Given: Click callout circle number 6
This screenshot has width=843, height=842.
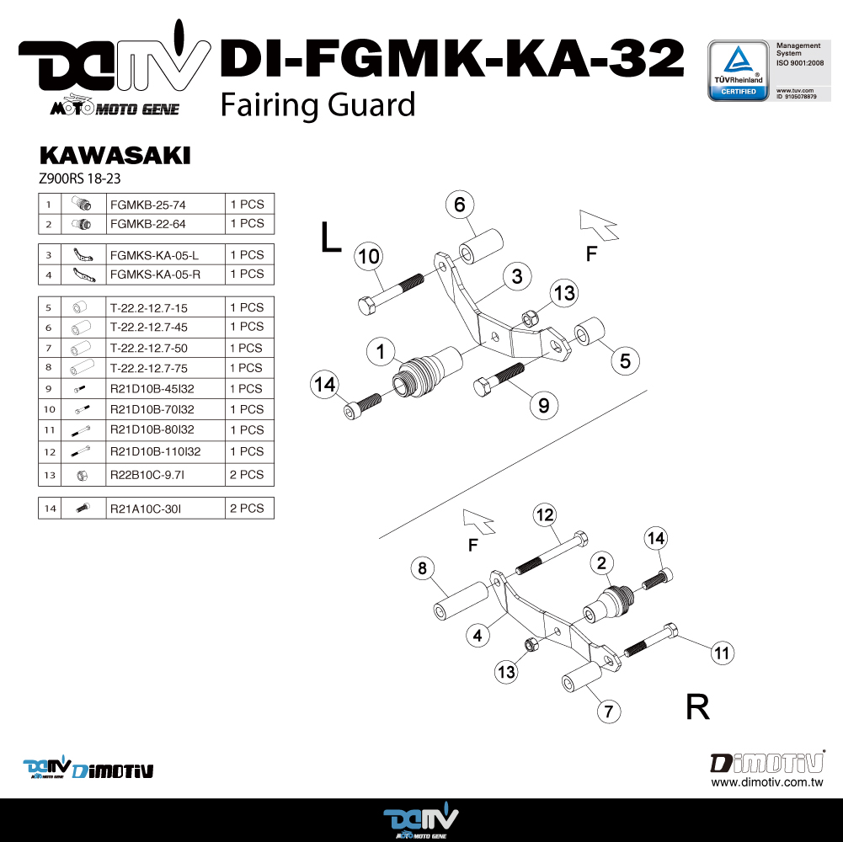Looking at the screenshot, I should pyautogui.click(x=460, y=205).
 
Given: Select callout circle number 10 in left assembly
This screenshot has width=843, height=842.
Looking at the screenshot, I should pyautogui.click(x=369, y=257).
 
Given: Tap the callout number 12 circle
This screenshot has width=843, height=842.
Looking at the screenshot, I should pyautogui.click(x=545, y=514).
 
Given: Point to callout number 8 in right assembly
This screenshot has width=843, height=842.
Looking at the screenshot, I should pyautogui.click(x=423, y=568).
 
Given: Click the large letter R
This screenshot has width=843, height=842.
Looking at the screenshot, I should pyautogui.click(x=697, y=707).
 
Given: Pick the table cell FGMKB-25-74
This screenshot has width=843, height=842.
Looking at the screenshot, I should pyautogui.click(x=147, y=204).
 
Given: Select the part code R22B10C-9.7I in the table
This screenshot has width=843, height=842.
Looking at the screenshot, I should pyautogui.click(x=147, y=475).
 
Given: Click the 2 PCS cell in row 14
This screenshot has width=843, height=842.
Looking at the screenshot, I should pyautogui.click(x=247, y=509).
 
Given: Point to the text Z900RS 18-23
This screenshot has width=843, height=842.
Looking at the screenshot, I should pyautogui.click(x=81, y=179).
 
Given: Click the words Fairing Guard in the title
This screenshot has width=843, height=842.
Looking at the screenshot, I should pyautogui.click(x=317, y=104).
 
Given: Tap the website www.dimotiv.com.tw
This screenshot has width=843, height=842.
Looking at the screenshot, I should pyautogui.click(x=766, y=782).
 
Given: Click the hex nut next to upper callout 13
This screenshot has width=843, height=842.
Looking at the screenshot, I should pyautogui.click(x=531, y=318).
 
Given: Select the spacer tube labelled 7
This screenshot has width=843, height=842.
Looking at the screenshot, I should pyautogui.click(x=580, y=677).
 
